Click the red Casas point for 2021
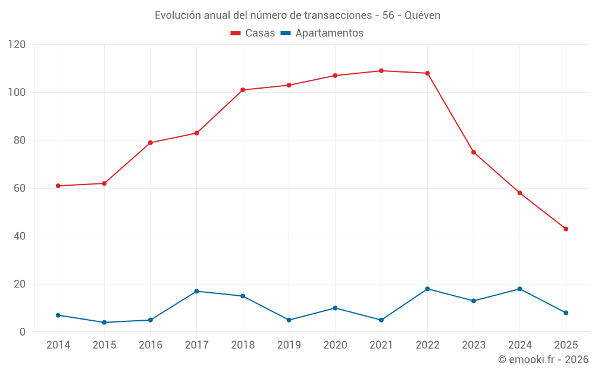click(x=381, y=71)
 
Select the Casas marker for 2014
click(x=58, y=186)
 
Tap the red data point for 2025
click(x=566, y=229)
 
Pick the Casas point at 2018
click(x=243, y=90)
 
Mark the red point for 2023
click(x=474, y=152)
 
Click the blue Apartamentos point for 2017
click(x=196, y=291)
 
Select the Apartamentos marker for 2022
click(x=427, y=289)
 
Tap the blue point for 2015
click(x=104, y=322)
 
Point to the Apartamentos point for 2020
click(x=335, y=308)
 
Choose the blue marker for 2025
click(x=566, y=312)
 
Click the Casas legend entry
click(x=253, y=33)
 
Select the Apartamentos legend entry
click(x=322, y=33)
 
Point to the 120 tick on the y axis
click(x=17, y=45)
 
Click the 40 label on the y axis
click(x=20, y=236)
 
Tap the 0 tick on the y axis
click(x=23, y=332)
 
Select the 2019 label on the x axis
click(x=289, y=345)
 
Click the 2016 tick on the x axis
click(x=151, y=345)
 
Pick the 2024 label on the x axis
click(x=519, y=345)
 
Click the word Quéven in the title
click(x=422, y=15)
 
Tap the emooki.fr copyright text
click(x=543, y=360)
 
